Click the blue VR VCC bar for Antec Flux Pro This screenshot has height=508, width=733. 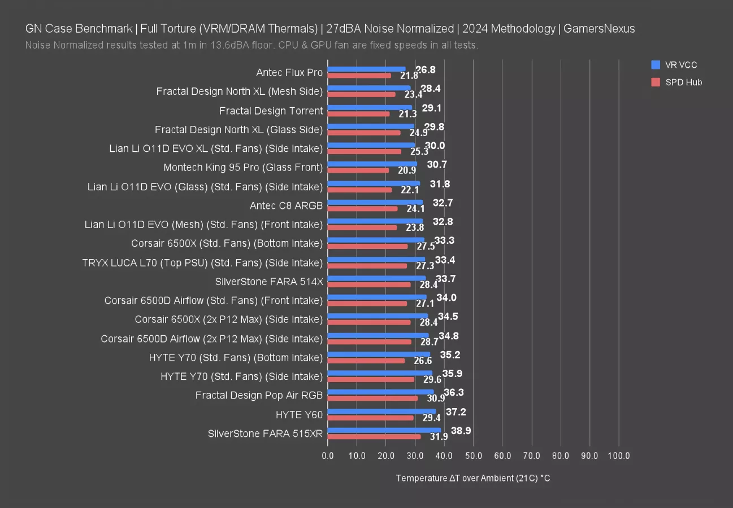tap(366, 69)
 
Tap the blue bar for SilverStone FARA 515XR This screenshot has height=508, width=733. tap(384, 430)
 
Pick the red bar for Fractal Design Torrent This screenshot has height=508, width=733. tap(358, 114)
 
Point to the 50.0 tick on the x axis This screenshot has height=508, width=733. tap(473, 456)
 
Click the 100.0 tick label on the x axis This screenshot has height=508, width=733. tap(619, 456)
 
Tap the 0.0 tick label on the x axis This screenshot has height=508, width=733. tap(328, 456)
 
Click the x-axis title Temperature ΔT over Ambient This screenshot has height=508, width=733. tap(473, 478)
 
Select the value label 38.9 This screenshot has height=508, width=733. tap(461, 431)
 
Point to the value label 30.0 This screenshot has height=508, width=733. tap(435, 146)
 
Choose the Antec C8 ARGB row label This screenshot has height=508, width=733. tap(286, 205)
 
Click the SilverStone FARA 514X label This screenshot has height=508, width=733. tap(269, 281)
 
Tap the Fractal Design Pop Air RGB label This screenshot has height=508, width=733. tap(259, 395)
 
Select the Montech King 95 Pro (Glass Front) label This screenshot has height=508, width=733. tap(243, 168)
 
